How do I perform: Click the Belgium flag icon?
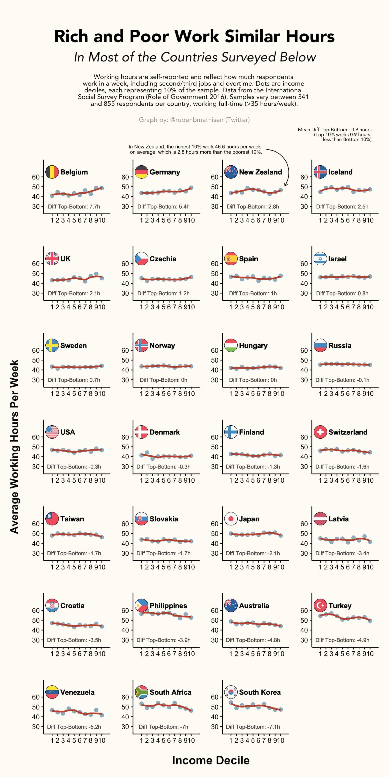(x=52, y=172)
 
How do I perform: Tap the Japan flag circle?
(x=231, y=519)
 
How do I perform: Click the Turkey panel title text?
(x=340, y=606)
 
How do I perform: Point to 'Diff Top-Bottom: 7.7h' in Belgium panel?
(x=74, y=207)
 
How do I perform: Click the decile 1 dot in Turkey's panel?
(x=320, y=616)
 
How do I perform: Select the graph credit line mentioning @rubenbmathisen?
(x=194, y=120)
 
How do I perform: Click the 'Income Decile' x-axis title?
(x=211, y=760)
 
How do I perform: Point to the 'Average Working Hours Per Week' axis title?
(x=14, y=446)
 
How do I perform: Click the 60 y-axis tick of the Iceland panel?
(x=304, y=177)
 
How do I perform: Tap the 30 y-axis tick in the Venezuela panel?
(x=36, y=727)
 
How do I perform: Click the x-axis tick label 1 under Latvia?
(x=320, y=567)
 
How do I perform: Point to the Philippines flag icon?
(x=141, y=606)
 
